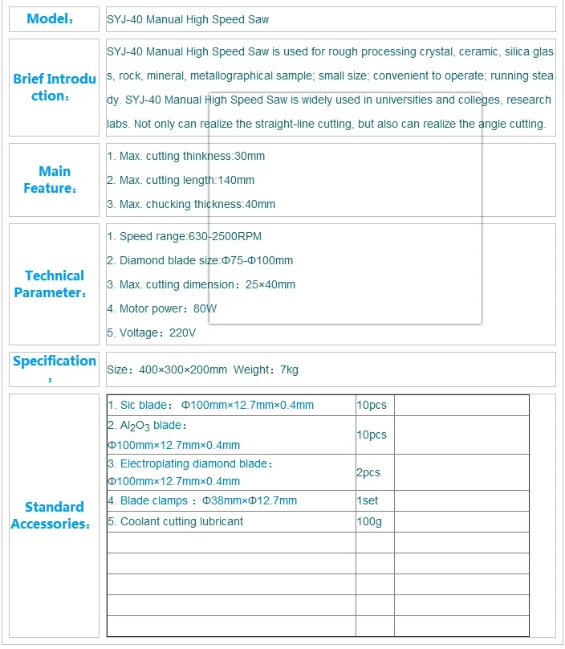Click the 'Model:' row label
[51, 19]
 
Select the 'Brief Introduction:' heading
[54, 88]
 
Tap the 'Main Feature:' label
[54, 180]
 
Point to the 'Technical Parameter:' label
[54, 284]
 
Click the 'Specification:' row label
[54, 368]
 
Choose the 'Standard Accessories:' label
[54, 516]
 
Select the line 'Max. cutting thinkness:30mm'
[185, 156]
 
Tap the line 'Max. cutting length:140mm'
[181, 180]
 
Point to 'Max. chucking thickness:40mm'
[191, 204]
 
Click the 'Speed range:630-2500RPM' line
[184, 236]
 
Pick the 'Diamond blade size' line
[200, 260]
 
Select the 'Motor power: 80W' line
[162, 308]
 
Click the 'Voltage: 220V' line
[152, 333]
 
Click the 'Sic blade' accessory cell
[211, 405]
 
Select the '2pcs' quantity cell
[368, 472]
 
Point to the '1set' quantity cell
[368, 500]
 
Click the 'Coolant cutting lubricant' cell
[176, 521]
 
